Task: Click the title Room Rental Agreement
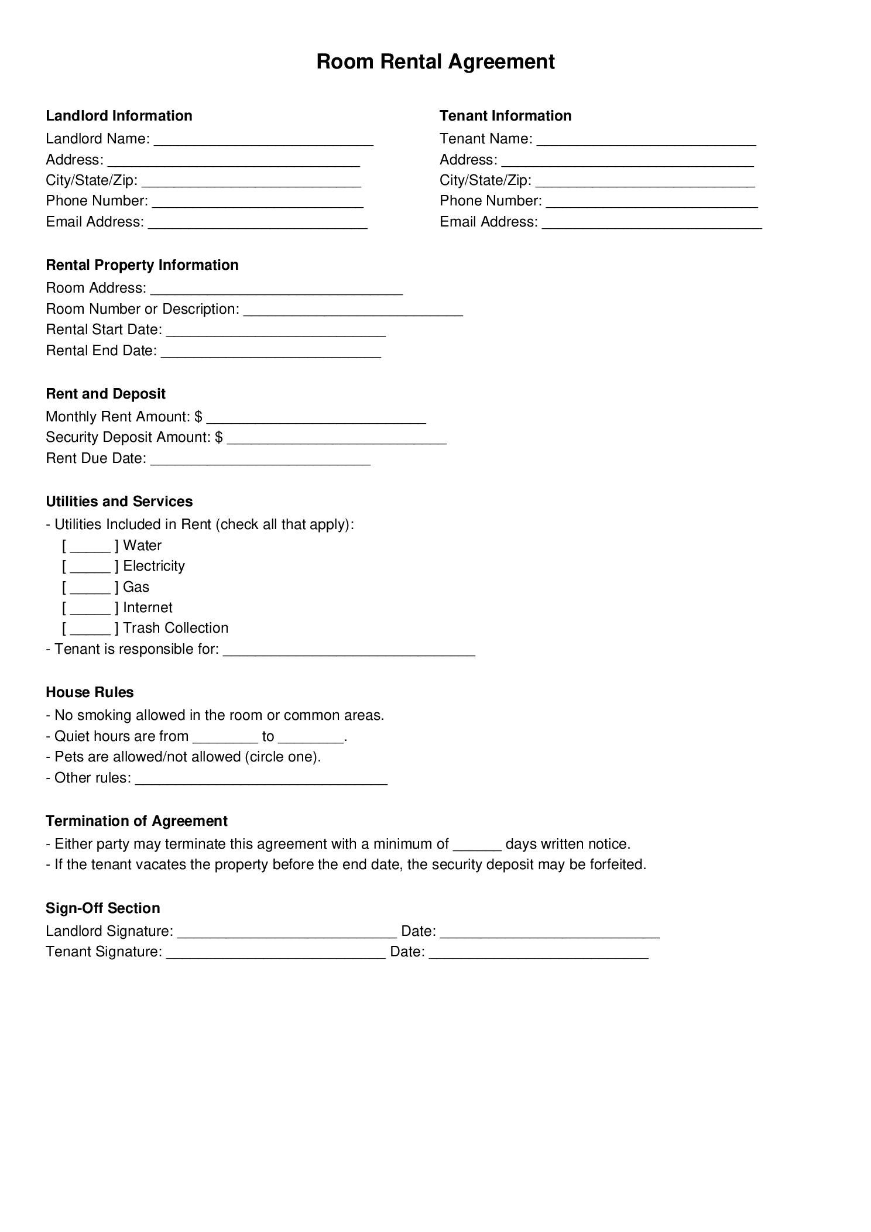tap(435, 61)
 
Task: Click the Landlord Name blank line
tap(263, 140)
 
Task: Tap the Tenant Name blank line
tap(646, 140)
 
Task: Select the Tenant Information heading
tap(505, 115)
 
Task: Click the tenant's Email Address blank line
tap(651, 224)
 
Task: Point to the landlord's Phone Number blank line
tap(258, 203)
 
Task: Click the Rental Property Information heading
tap(142, 265)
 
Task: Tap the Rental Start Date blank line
tap(276, 331)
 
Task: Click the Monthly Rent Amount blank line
tap(316, 418)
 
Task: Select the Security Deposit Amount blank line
tap(337, 440)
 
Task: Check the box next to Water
tap(90, 547)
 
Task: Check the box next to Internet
tap(90, 609)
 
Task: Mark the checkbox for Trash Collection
tap(90, 629)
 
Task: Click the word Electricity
tap(154, 566)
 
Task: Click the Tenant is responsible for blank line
tap(349, 651)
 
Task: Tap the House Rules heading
tap(90, 692)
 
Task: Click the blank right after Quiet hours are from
tap(225, 738)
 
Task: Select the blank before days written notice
tap(477, 846)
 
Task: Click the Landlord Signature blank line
tap(287, 933)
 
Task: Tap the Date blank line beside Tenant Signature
tap(539, 953)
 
